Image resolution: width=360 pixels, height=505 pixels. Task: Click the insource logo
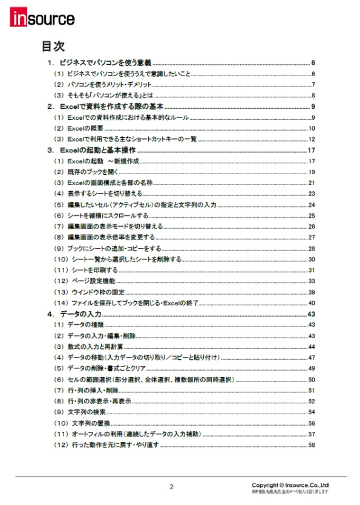coord(42,19)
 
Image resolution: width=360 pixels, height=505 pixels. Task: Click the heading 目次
coord(53,47)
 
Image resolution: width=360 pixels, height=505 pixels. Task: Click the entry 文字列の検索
coord(85,412)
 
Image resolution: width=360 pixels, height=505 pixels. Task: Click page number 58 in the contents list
coord(312,445)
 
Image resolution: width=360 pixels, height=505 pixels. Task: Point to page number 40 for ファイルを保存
coord(312,303)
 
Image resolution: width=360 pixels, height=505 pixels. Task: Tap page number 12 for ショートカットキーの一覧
coord(312,139)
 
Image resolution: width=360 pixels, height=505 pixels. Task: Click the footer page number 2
coord(171,487)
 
